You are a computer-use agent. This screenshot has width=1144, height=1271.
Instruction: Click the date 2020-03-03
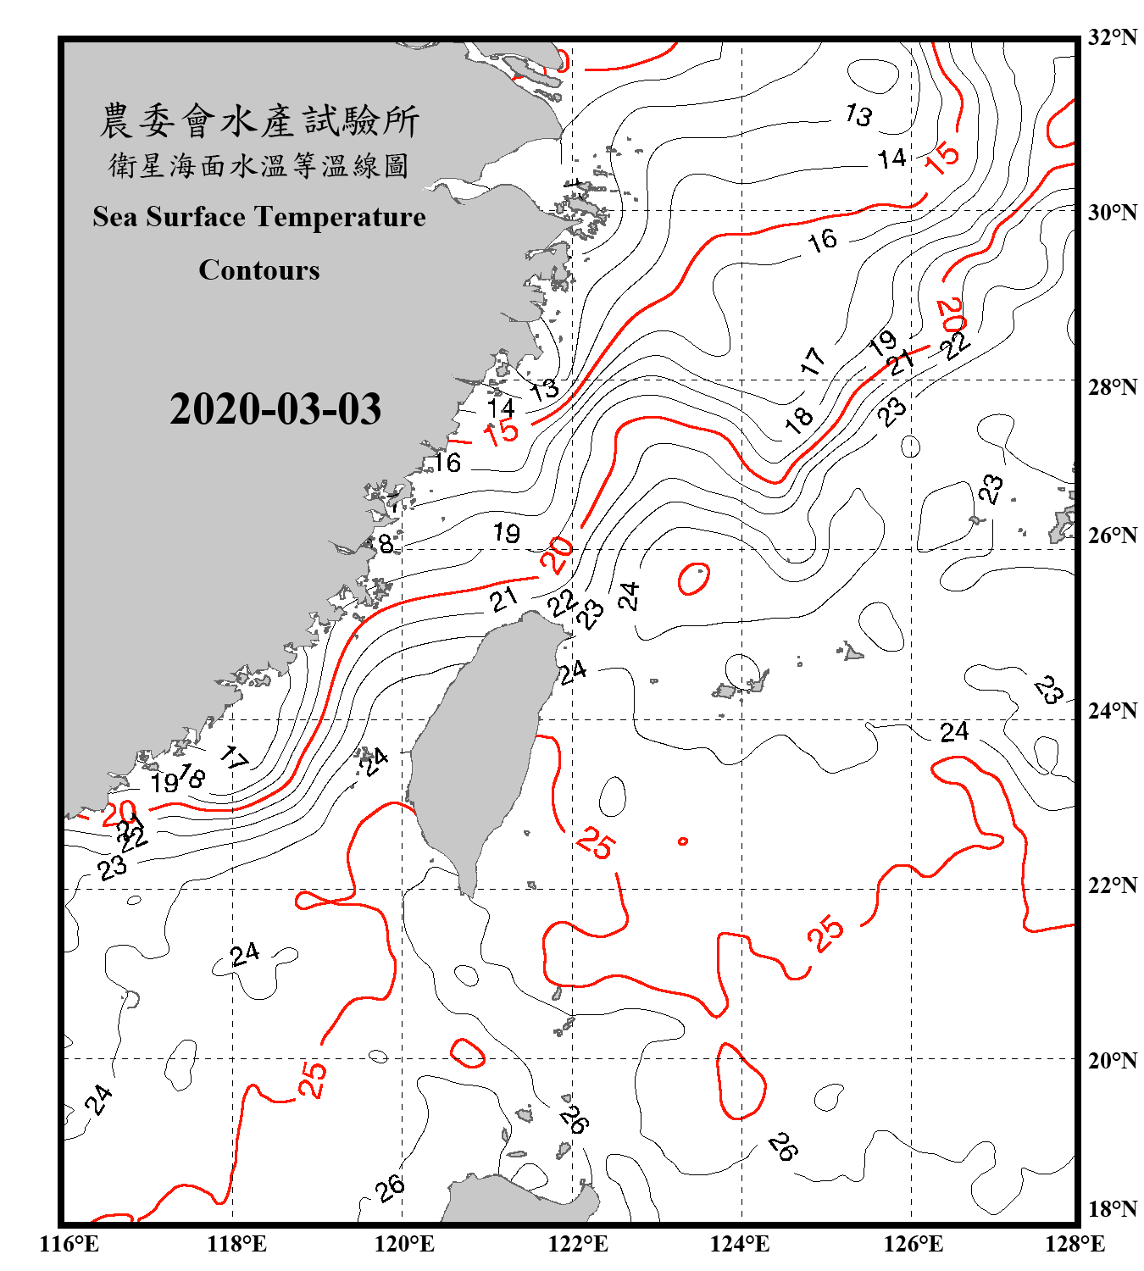(x=275, y=409)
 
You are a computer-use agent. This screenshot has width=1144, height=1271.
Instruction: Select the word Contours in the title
(x=259, y=270)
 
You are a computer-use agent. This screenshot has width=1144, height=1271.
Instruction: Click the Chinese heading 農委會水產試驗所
(x=259, y=121)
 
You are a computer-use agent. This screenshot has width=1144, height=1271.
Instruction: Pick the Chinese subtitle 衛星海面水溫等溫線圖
(x=259, y=165)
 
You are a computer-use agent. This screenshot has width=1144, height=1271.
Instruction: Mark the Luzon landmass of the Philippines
(x=517, y=1199)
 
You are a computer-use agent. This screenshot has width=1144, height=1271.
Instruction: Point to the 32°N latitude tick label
(x=1112, y=37)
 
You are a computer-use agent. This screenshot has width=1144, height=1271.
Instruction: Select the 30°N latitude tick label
(x=1112, y=213)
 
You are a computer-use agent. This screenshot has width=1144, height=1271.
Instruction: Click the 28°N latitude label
(x=1112, y=387)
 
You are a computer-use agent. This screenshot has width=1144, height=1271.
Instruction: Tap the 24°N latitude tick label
(x=1112, y=711)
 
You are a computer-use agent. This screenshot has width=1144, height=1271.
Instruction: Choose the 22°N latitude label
(x=1112, y=885)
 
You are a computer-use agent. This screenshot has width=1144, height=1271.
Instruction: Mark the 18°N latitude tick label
(x=1112, y=1209)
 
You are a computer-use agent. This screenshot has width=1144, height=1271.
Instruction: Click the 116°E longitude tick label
(x=69, y=1244)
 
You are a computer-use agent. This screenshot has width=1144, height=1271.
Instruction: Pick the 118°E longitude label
(x=236, y=1244)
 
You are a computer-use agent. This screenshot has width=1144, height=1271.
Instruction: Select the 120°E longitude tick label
(x=404, y=1244)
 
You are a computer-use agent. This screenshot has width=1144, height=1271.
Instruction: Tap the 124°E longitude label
(x=740, y=1244)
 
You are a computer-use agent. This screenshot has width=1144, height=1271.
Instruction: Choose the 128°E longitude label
(x=1075, y=1244)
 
